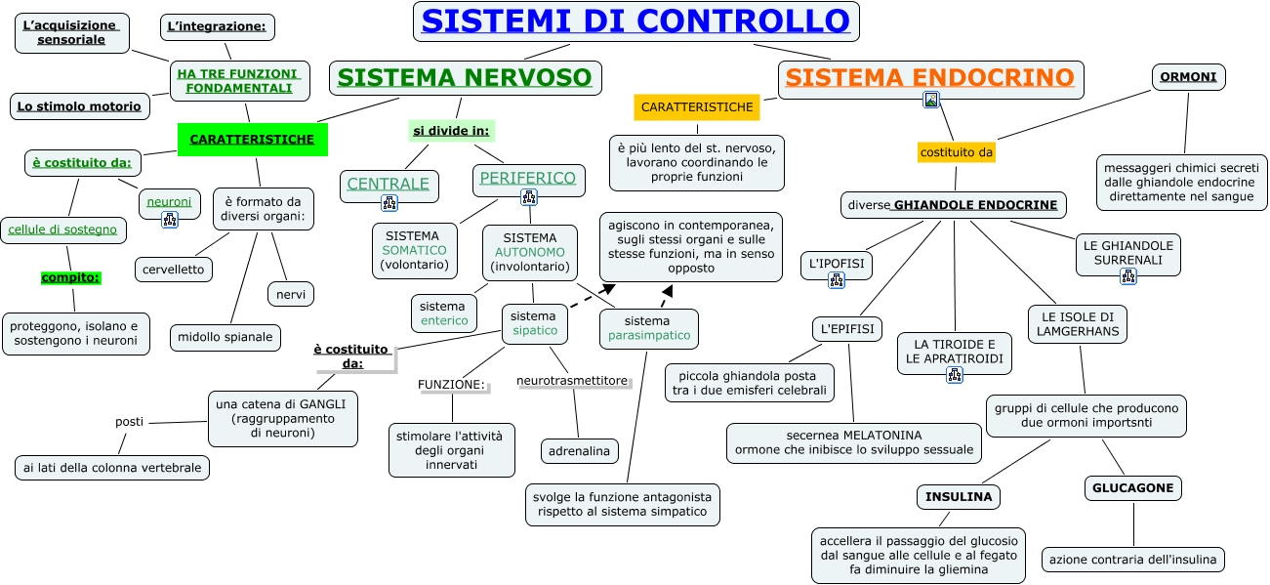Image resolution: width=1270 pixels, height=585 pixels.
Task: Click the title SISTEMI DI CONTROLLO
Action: pyautogui.click(x=636, y=21)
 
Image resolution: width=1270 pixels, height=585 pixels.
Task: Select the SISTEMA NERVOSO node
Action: pyautogui.click(x=465, y=78)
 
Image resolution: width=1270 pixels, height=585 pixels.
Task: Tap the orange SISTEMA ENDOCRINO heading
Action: pyautogui.click(x=930, y=78)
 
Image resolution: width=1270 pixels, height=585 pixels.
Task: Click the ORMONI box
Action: pyautogui.click(x=1188, y=77)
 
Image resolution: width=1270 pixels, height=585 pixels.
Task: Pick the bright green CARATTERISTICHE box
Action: pyautogui.click(x=252, y=140)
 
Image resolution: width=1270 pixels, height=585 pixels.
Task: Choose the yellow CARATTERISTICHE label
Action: pyautogui.click(x=697, y=107)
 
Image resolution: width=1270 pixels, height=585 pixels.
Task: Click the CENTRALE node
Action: pyautogui.click(x=389, y=185)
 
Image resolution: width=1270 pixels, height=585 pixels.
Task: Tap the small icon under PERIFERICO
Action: pyautogui.click(x=529, y=197)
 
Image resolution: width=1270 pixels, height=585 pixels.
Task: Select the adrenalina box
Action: pyautogui.click(x=579, y=451)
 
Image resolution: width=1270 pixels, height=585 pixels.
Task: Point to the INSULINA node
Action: pyautogui.click(x=959, y=497)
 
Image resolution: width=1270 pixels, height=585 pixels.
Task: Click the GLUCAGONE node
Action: pyautogui.click(x=1132, y=488)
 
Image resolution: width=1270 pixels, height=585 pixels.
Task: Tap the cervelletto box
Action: pyautogui.click(x=174, y=270)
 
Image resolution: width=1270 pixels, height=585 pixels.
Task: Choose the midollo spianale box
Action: pyautogui.click(x=225, y=337)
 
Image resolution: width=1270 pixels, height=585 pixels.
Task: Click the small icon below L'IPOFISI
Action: pyautogui.click(x=837, y=280)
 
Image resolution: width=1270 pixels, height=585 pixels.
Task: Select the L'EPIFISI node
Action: pyautogui.click(x=847, y=329)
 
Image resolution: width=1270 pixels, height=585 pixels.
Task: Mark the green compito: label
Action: pyautogui.click(x=70, y=277)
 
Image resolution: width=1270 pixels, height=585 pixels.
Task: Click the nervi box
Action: pyautogui.click(x=291, y=295)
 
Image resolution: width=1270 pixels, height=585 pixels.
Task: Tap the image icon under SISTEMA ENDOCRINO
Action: pyautogui.click(x=931, y=101)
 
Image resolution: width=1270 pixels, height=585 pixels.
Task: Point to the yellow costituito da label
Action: pyautogui.click(x=957, y=152)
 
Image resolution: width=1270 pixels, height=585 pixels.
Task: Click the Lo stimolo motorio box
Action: pyautogui.click(x=79, y=106)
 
